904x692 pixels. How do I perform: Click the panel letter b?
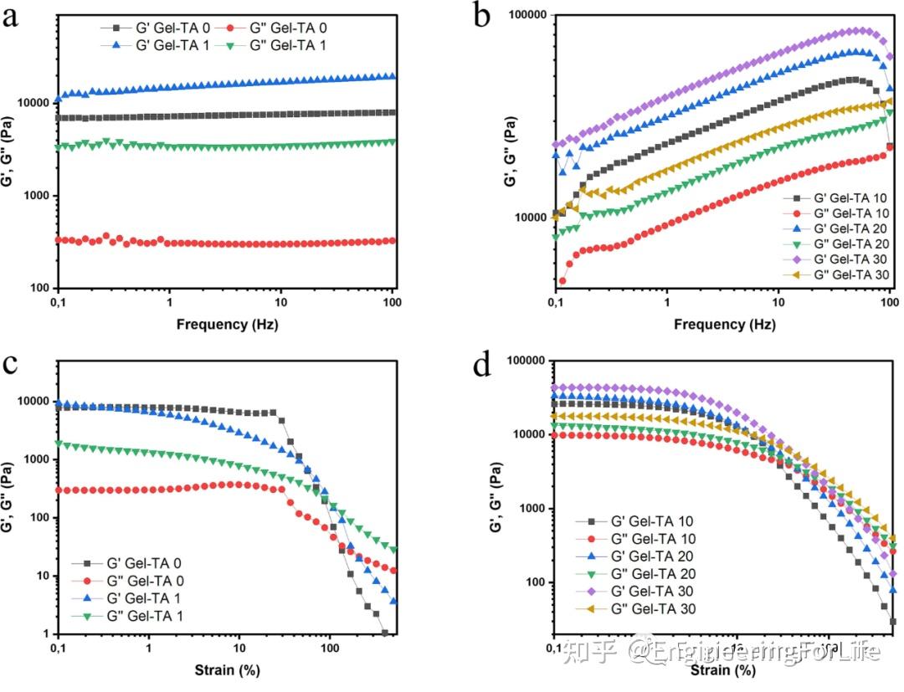click(x=481, y=17)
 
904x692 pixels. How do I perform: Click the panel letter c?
click(x=11, y=366)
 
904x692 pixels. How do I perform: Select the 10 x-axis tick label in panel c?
click(x=239, y=649)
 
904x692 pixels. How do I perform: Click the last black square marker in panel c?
click(x=384, y=633)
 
